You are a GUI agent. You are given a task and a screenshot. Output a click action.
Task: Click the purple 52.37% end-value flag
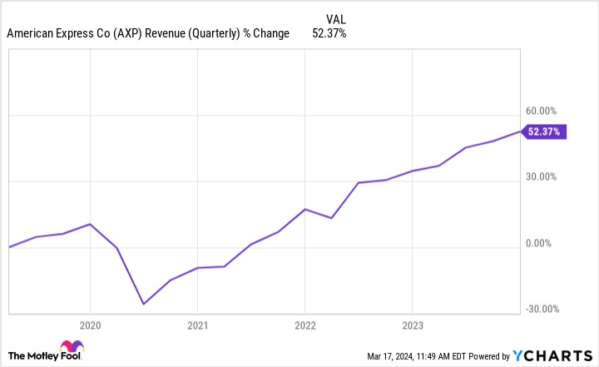coord(545,131)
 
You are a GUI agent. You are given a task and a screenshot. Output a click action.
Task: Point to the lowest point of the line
coord(143,304)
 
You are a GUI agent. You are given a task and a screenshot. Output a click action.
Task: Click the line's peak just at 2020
coord(90,224)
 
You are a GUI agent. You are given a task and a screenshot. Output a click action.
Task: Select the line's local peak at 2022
coord(304,209)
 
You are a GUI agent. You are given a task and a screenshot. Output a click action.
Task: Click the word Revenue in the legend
coord(165,33)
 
